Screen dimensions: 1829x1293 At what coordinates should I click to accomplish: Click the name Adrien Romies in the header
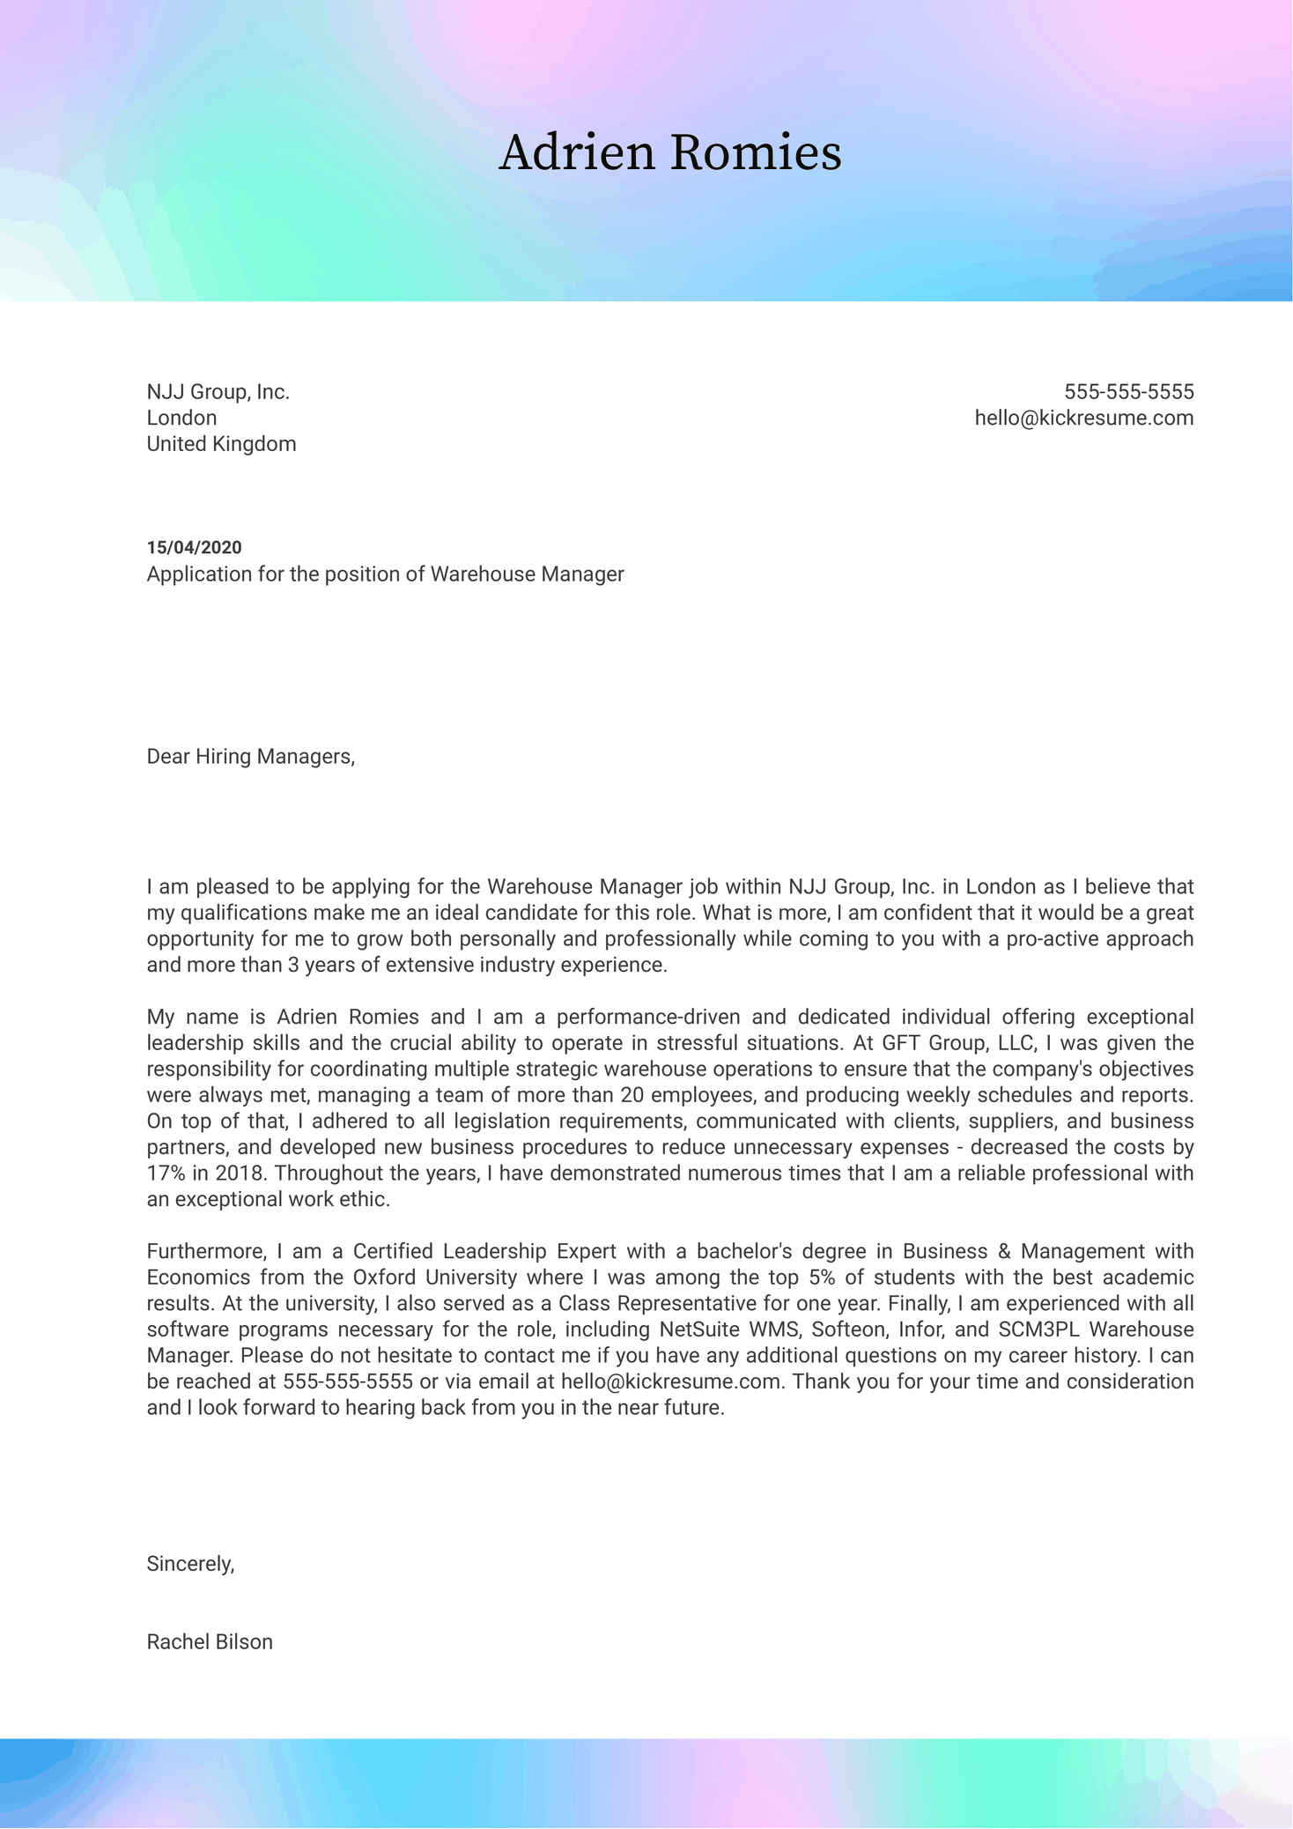[669, 152]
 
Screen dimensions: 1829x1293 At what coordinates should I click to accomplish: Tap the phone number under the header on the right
[1128, 392]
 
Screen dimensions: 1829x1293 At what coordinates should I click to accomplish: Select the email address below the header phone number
[1083, 418]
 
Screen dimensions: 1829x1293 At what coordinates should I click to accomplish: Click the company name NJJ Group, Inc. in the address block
[218, 392]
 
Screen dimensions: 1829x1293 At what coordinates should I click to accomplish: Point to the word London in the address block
[181, 418]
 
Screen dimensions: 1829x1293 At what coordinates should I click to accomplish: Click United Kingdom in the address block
[221, 444]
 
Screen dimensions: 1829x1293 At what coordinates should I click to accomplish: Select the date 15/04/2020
[194, 548]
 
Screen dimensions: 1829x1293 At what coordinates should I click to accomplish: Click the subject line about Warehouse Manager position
[385, 574]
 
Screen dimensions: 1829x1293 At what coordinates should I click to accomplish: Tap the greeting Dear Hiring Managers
[250, 757]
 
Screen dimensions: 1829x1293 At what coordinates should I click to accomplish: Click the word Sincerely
[190, 1564]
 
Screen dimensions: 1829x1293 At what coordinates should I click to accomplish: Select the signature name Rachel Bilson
[210, 1642]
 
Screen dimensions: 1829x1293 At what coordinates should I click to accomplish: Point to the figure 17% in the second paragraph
[165, 1174]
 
